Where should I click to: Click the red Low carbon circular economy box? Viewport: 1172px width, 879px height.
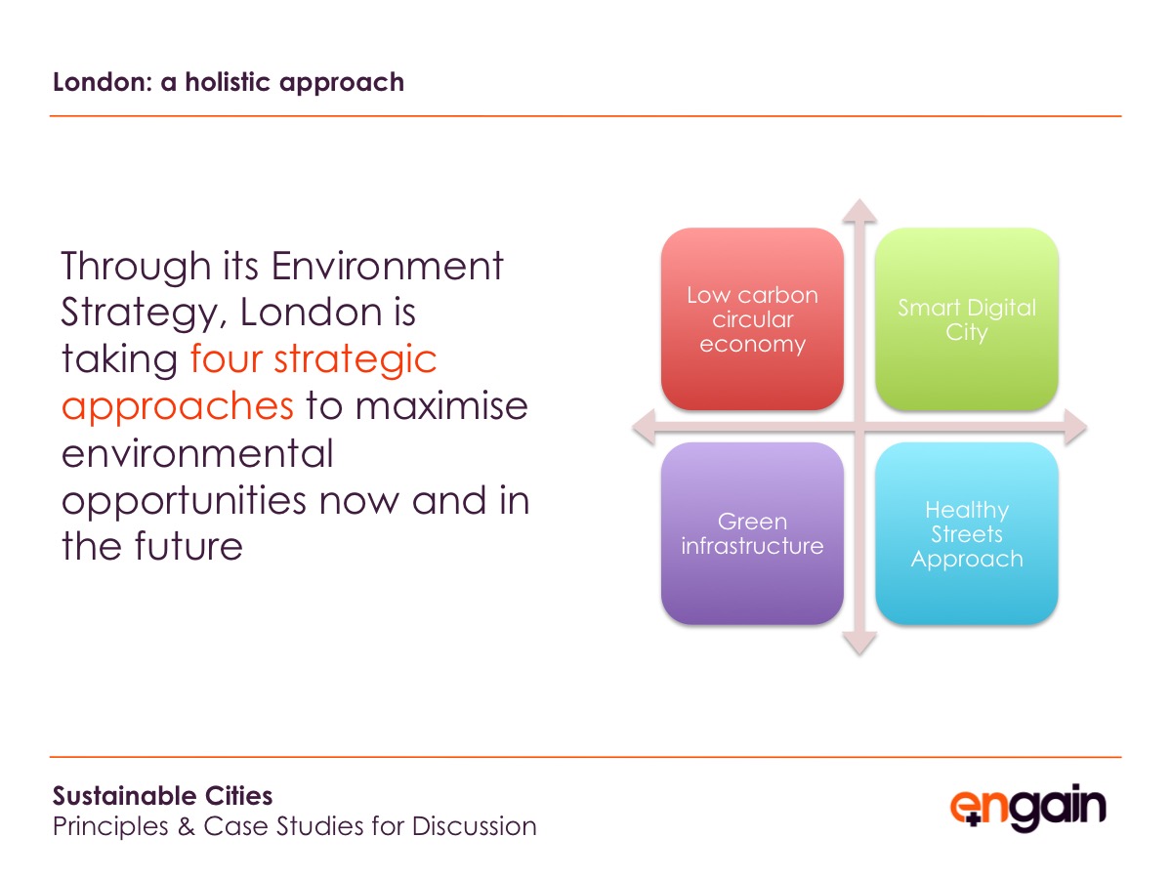(x=752, y=318)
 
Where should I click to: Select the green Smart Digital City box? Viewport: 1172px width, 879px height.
(x=967, y=318)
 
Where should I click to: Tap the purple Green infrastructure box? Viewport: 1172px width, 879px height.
(x=752, y=533)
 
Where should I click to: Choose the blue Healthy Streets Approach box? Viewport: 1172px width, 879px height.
(x=967, y=533)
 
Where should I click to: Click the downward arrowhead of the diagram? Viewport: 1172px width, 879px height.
(x=859, y=643)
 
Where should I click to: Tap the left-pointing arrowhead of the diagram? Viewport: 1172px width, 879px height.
(x=644, y=427)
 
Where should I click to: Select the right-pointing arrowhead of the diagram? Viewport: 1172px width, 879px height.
(x=1075, y=427)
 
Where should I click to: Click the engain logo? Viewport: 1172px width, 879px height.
(x=1027, y=808)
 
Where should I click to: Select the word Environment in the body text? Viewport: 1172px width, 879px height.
(x=387, y=266)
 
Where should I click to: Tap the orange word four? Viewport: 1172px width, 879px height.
(x=227, y=358)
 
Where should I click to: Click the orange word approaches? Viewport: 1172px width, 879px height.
(x=178, y=407)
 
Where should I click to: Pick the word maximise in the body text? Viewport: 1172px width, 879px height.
(x=441, y=405)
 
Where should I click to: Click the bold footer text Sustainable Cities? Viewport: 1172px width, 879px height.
(x=162, y=796)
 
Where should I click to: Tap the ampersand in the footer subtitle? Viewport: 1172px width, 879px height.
(x=187, y=826)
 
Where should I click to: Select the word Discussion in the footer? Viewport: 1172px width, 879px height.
(x=474, y=826)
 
